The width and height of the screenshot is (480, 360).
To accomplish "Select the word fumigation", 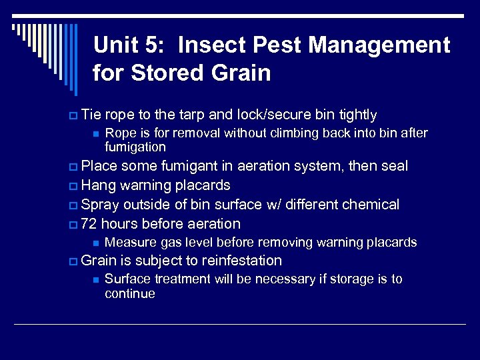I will pos(135,147).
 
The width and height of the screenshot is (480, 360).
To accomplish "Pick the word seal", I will pos(393,166).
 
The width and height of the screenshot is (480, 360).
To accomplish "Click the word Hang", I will pos(98,185).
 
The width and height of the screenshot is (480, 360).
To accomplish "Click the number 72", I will pos(89,223).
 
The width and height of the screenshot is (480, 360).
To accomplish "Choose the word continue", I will pos(130,293).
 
